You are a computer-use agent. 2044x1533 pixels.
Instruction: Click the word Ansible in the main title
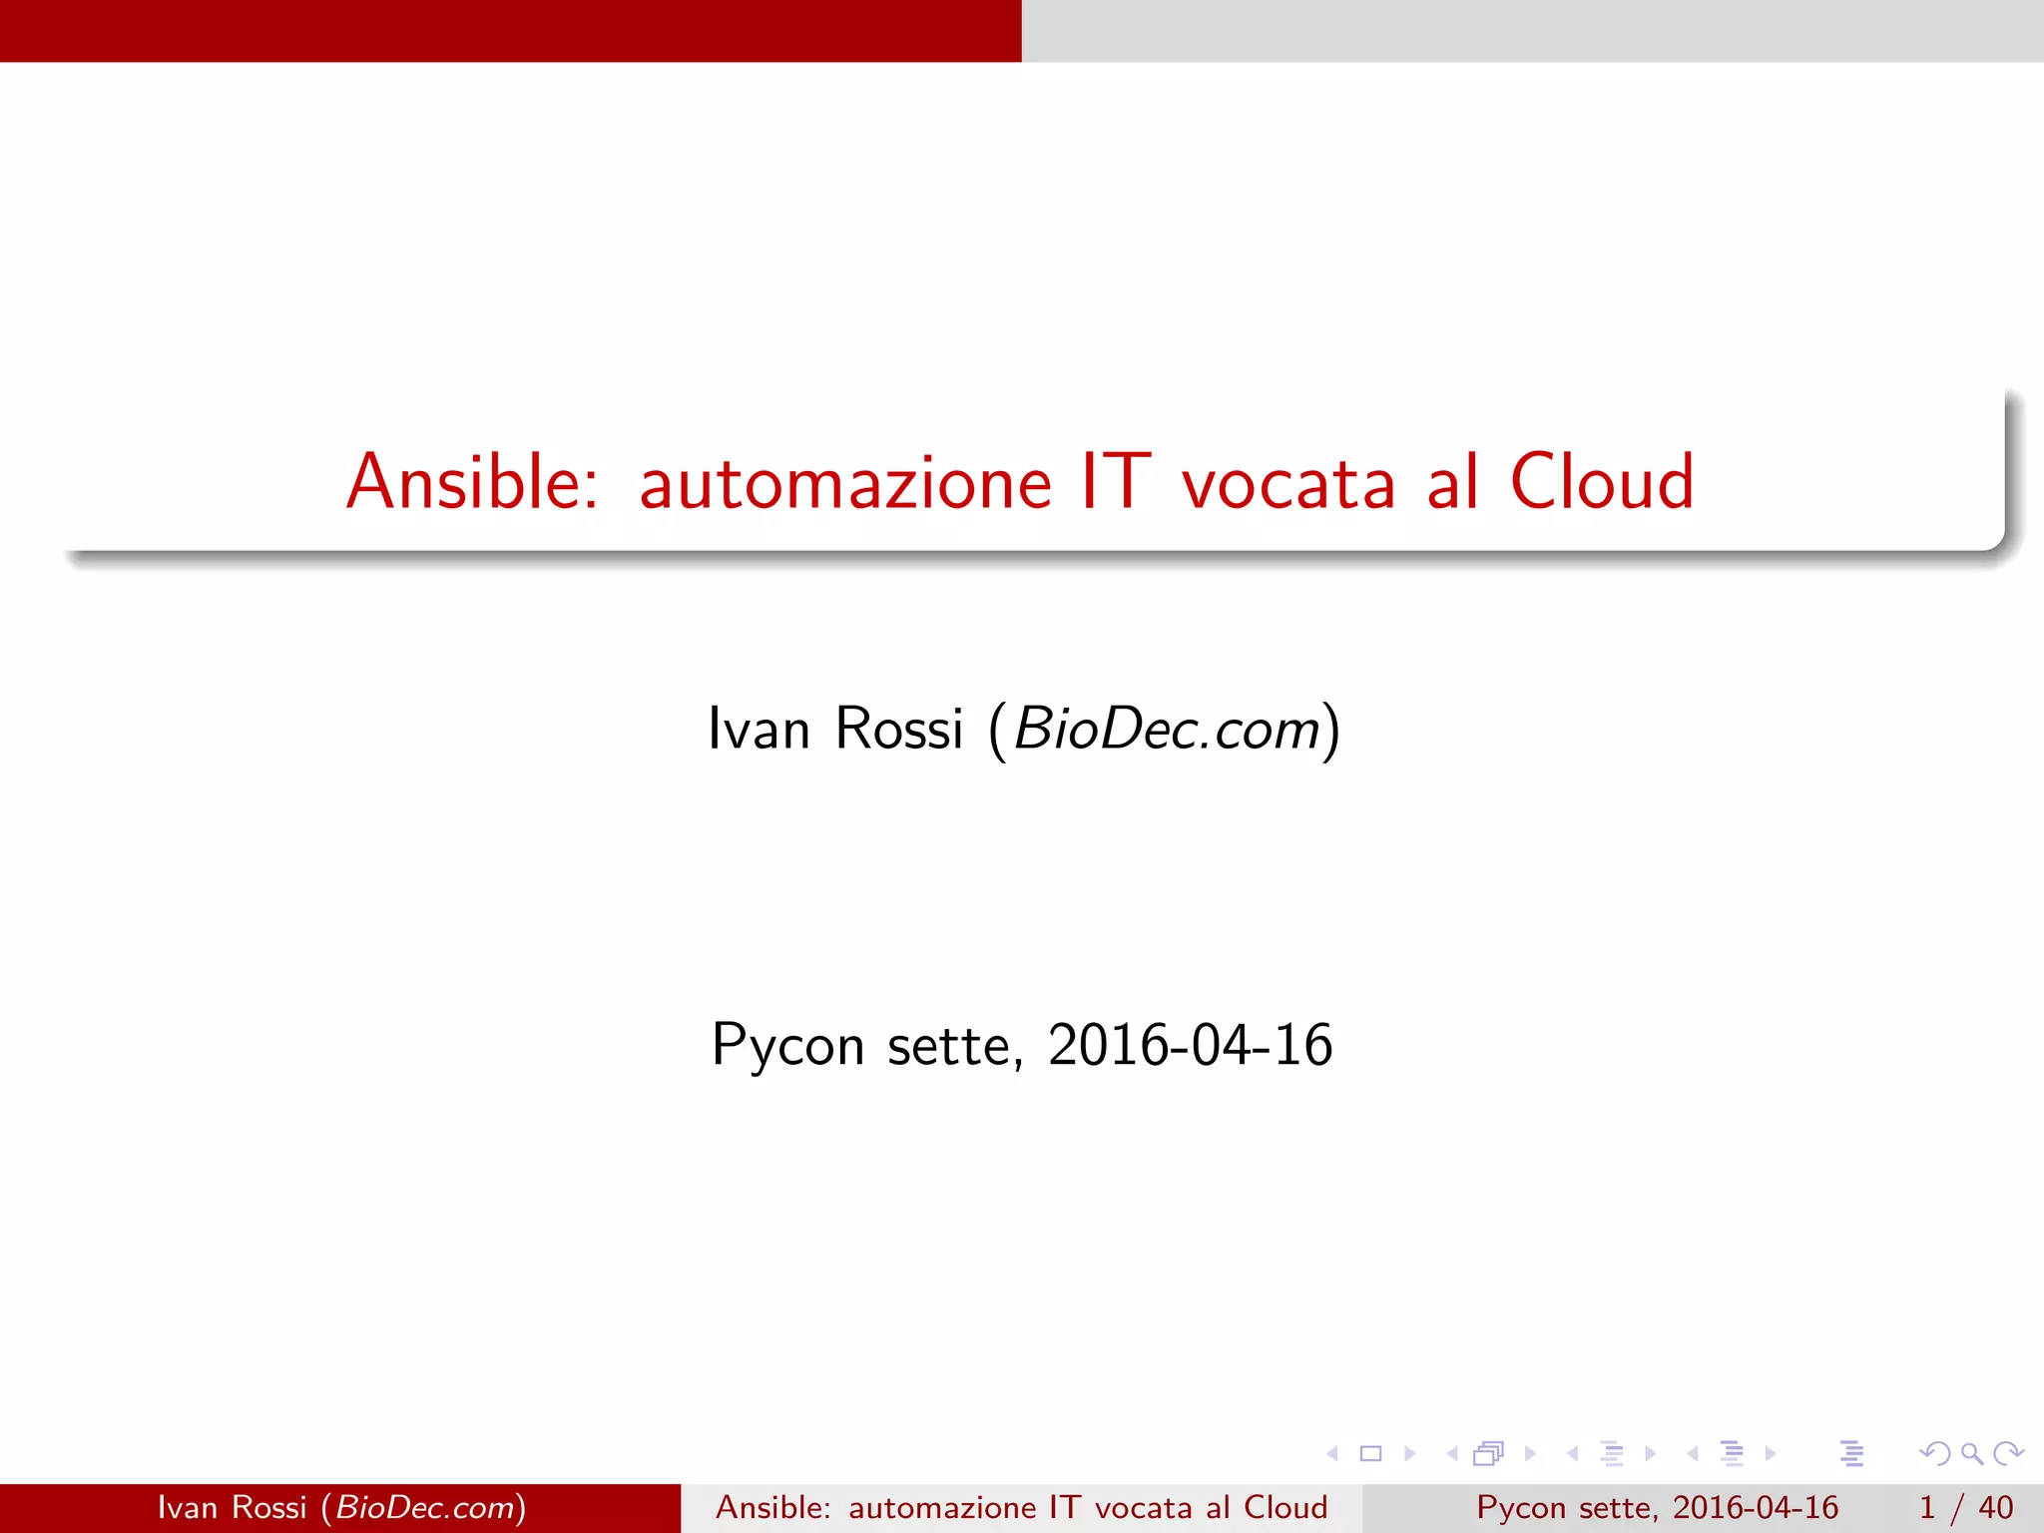point(471,482)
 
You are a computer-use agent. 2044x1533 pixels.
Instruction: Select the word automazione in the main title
point(845,484)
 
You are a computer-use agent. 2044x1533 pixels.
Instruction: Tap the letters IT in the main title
point(1115,482)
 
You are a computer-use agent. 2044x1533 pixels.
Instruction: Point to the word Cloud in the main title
point(1601,482)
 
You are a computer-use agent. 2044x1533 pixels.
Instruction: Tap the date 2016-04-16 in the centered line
point(1190,1045)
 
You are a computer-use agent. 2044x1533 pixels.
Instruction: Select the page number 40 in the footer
point(1995,1507)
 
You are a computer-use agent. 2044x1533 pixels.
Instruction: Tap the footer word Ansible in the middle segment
point(772,1507)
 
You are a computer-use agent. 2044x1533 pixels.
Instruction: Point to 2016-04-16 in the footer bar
point(1755,1507)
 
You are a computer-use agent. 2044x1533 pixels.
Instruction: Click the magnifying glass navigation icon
point(1971,1453)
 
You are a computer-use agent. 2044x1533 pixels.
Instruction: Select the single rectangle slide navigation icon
point(1370,1453)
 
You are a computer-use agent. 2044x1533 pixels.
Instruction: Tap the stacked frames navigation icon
point(1488,1453)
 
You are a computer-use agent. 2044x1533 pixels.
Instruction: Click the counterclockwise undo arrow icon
point(1934,1453)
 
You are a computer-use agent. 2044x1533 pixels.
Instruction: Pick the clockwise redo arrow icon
point(2008,1453)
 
